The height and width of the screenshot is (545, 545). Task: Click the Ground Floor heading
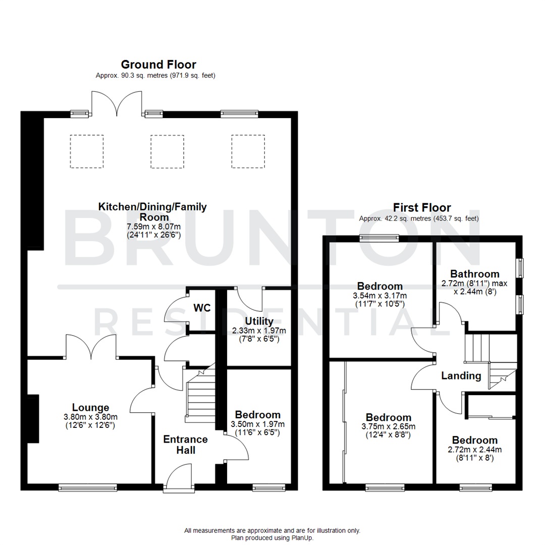158,65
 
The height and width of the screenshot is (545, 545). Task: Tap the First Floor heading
422,207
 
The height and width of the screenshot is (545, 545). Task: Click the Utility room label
259,321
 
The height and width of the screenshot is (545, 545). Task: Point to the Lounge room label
90,407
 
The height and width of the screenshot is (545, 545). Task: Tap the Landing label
461,375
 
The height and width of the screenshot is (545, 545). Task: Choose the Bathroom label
475,274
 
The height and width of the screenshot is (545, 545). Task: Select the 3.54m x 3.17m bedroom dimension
379,295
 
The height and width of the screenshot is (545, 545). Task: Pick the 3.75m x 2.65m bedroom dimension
388,426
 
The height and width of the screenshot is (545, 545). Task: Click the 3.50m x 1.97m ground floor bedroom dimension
258,424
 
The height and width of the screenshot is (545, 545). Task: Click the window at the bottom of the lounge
88,487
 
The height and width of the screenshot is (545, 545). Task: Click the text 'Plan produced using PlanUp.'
272,538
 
